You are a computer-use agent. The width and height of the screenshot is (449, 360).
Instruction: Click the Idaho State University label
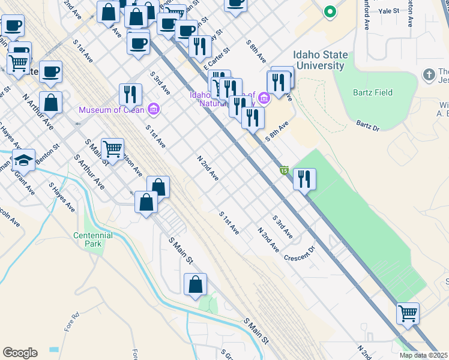click(x=321, y=60)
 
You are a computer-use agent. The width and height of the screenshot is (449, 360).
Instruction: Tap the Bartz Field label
click(x=373, y=92)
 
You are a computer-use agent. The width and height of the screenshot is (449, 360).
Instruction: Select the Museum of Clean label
click(x=112, y=109)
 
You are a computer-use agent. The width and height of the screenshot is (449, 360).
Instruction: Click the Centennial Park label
click(x=93, y=240)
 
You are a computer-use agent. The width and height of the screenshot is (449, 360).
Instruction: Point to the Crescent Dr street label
click(x=300, y=253)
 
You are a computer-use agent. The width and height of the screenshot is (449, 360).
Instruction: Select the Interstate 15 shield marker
click(x=284, y=171)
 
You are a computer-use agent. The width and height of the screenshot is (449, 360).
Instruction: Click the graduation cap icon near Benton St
click(x=23, y=160)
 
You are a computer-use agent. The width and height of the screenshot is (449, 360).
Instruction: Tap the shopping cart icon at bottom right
click(x=408, y=313)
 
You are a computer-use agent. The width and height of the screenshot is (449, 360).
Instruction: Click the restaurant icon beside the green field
click(x=305, y=179)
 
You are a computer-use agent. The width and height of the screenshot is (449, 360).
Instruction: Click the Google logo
click(x=20, y=353)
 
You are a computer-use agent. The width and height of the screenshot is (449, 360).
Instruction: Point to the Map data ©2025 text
click(x=424, y=355)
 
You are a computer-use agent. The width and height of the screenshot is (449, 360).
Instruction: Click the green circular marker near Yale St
click(x=329, y=11)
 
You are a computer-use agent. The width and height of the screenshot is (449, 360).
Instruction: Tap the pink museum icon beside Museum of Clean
click(x=154, y=109)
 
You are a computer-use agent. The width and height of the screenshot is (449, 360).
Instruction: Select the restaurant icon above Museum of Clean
click(x=130, y=94)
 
